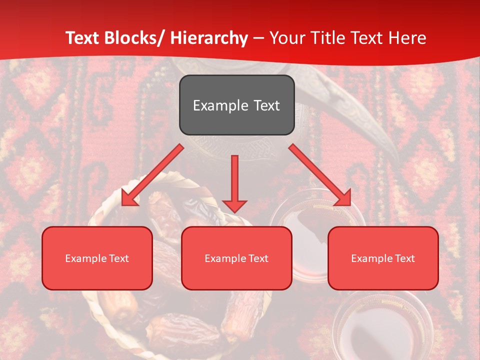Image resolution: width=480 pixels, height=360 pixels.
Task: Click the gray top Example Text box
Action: (236, 105)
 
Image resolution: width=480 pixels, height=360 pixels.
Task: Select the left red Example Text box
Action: (97, 258)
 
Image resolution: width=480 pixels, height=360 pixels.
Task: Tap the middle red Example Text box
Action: (236, 258)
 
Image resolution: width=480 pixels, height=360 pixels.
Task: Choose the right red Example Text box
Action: (383, 258)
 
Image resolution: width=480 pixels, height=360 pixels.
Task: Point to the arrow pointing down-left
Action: (152, 175)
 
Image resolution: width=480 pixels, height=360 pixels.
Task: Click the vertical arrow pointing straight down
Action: (234, 183)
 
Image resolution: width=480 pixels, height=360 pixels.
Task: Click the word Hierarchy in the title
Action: (209, 38)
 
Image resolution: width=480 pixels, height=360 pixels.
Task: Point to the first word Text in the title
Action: (83, 38)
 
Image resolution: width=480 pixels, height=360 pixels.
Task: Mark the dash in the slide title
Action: (258, 38)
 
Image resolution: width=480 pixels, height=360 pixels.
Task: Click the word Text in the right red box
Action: (404, 258)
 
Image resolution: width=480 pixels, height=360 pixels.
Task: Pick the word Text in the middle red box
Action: (258, 258)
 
